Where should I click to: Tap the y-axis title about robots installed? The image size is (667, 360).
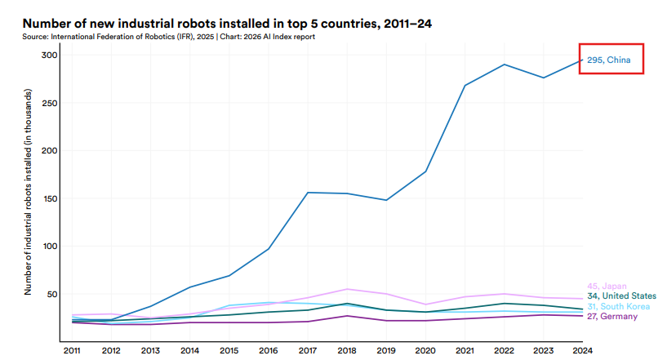coord(29,192)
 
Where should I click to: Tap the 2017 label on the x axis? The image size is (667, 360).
coord(307,350)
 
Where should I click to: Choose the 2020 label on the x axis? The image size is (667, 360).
coord(425,350)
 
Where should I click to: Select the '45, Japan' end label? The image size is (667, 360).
coord(607,285)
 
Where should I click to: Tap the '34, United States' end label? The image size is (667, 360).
coord(621,296)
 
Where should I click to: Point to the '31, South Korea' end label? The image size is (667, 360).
coord(618,306)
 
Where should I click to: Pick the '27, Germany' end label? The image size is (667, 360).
coord(612,316)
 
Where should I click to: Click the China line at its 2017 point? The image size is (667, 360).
coord(307,193)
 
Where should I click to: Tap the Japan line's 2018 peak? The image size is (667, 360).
coord(346,289)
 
